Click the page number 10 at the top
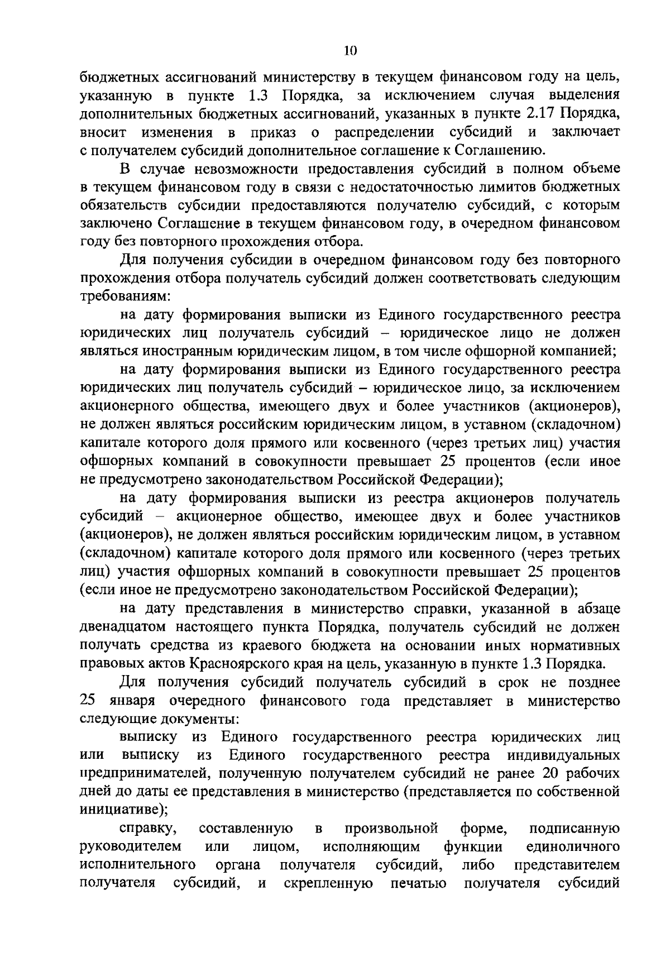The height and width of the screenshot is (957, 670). pos(351,51)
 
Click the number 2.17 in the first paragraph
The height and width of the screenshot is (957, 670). pos(541,113)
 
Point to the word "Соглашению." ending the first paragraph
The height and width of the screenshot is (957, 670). pos(497,150)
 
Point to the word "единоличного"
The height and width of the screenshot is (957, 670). pos(573,846)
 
